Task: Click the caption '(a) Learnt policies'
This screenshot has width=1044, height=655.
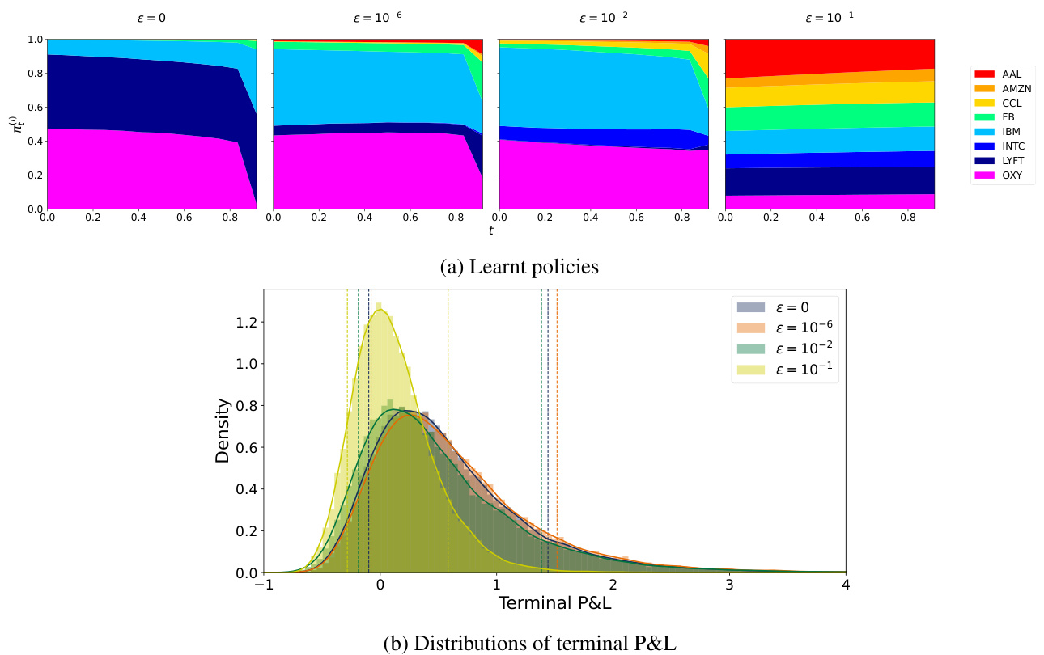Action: coord(520,267)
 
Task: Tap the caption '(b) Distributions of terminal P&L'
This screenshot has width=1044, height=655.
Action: coord(529,643)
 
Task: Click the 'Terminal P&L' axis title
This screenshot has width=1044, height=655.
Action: coord(554,603)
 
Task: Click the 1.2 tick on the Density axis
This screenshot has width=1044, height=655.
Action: coord(246,322)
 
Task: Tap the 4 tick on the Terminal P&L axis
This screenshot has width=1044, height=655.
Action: coord(846,584)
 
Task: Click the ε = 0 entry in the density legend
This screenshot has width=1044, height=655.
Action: coord(785,306)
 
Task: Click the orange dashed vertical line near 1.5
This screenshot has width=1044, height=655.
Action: coord(557,429)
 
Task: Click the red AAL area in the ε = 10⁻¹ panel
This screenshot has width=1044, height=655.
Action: coord(830,57)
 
